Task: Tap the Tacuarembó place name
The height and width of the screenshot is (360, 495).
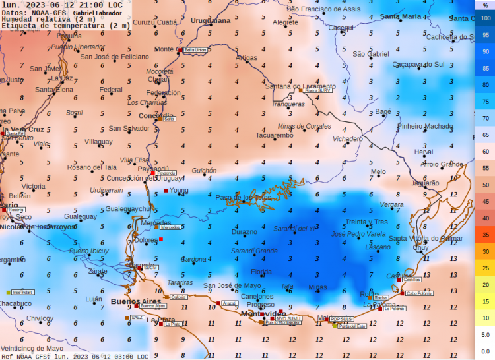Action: pyautogui.click(x=274, y=135)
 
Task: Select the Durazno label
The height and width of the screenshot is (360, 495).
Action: pyautogui.click(x=244, y=232)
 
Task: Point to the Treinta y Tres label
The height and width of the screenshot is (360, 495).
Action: pyautogui.click(x=366, y=222)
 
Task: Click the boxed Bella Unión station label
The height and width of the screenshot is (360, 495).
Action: pyautogui.click(x=195, y=50)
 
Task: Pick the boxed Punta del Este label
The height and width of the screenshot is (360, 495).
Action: pyautogui.click(x=352, y=326)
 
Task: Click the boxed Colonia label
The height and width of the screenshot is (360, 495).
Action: pyautogui.click(x=178, y=297)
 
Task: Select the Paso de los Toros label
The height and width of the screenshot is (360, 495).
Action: pyautogui.click(x=244, y=197)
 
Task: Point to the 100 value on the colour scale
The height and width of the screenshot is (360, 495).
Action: pyautogui.click(x=485, y=18)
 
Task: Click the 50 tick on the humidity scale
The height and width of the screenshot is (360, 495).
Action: pyautogui.click(x=485, y=185)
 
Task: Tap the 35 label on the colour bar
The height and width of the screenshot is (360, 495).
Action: pyautogui.click(x=485, y=235)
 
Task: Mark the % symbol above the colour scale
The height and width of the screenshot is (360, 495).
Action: pyautogui.click(x=485, y=5)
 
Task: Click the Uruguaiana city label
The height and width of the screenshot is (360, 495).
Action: pyautogui.click(x=211, y=21)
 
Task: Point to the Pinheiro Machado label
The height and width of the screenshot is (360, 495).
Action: pyautogui.click(x=425, y=127)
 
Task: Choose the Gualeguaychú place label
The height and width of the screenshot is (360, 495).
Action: pyautogui.click(x=128, y=209)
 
